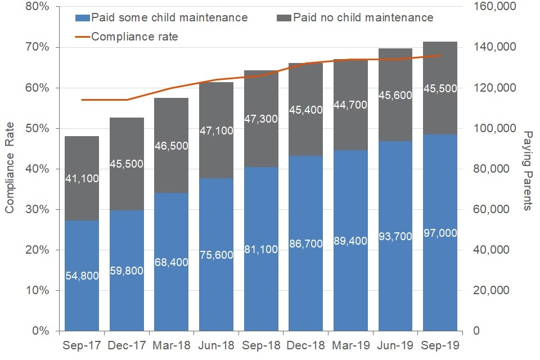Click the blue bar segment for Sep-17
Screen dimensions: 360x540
tap(82, 247)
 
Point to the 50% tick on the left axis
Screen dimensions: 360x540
tap(39, 128)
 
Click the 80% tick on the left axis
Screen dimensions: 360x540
tap(39, 7)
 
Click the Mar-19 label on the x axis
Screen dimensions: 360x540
tap(350, 345)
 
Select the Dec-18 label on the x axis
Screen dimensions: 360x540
tap(305, 345)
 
